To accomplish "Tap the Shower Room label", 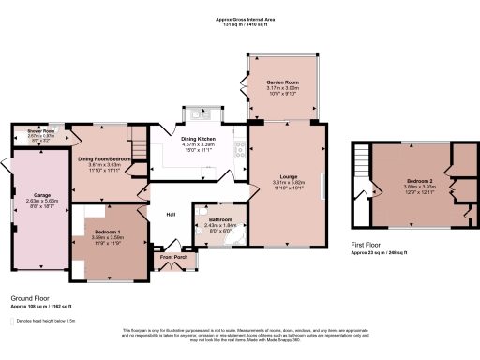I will (25, 130).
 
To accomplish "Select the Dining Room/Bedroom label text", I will (101, 159).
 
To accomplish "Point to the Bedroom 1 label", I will (108, 232).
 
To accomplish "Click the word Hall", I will (172, 215).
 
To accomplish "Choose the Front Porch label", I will (174, 256).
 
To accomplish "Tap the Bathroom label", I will (220, 220).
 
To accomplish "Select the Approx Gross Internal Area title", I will (241, 19).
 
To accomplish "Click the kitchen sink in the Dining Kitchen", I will (199, 116).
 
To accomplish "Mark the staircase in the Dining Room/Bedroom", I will (138, 147).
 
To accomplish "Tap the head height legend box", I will (12, 321).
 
